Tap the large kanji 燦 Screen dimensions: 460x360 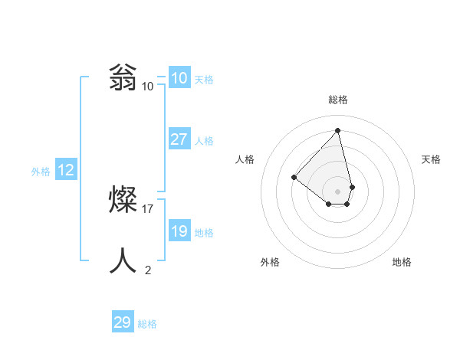point(123,200)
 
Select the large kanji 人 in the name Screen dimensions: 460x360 point(123,261)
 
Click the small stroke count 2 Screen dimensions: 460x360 point(148,270)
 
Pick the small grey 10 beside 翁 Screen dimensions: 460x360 point(148,86)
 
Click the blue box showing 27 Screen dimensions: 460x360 point(179,139)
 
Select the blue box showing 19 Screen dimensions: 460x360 point(179,231)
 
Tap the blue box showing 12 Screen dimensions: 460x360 point(66,170)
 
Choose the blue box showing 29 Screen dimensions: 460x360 point(123,322)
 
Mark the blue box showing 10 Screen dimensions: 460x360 point(179,77)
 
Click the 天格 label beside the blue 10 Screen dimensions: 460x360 point(204,79)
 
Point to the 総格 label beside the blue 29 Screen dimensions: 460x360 point(147,324)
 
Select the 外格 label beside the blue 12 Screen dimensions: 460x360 point(41,172)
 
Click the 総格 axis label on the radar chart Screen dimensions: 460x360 point(338,100)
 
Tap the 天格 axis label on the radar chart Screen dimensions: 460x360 point(432,159)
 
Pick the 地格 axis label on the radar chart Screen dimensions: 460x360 point(402,262)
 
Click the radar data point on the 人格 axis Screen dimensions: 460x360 point(294,177)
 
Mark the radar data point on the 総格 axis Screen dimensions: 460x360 point(338,130)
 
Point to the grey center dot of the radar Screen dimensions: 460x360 point(338,191)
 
